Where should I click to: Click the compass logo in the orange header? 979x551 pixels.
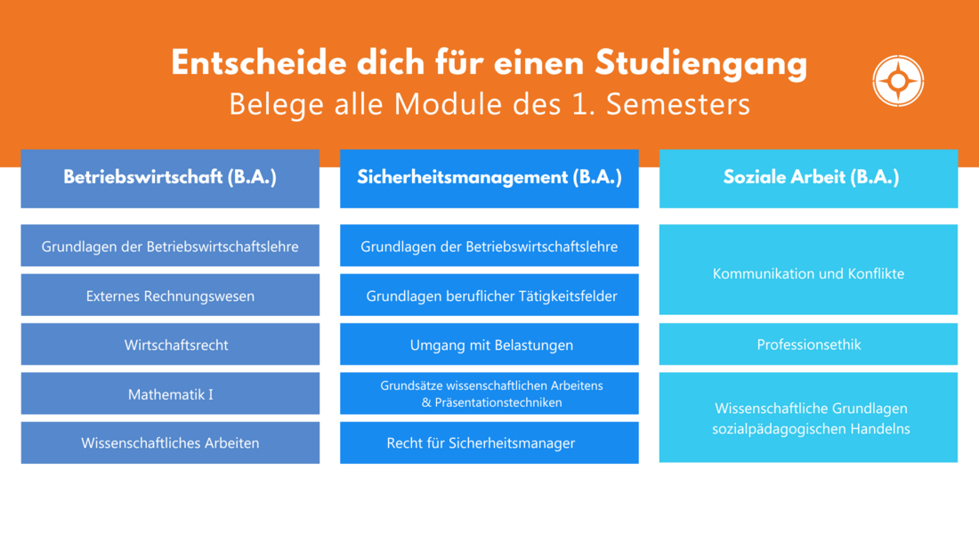(898, 81)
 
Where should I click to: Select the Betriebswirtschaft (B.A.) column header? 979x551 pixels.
(170, 179)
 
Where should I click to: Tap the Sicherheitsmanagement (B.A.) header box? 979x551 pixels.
(489, 179)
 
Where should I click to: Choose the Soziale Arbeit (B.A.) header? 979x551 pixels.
(808, 179)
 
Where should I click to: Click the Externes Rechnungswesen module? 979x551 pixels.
(170, 295)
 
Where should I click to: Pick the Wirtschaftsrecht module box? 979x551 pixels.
(170, 344)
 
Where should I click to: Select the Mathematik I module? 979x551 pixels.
(170, 393)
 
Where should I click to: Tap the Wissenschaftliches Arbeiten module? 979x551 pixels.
(170, 443)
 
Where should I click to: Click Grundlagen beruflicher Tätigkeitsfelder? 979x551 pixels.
(489, 295)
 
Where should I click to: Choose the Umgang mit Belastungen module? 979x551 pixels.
(489, 344)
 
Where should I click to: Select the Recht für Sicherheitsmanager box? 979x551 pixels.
(489, 443)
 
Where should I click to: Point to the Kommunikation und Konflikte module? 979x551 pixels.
(808, 269)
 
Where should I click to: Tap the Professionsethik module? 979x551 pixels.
(808, 344)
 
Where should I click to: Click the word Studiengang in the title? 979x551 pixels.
(701, 64)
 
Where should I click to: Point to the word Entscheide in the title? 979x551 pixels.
(258, 62)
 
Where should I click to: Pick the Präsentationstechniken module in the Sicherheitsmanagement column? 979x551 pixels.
(489, 393)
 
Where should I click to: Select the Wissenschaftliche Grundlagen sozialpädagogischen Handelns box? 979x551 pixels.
(808, 417)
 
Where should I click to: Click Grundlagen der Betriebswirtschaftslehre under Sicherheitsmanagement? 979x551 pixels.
(489, 246)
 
